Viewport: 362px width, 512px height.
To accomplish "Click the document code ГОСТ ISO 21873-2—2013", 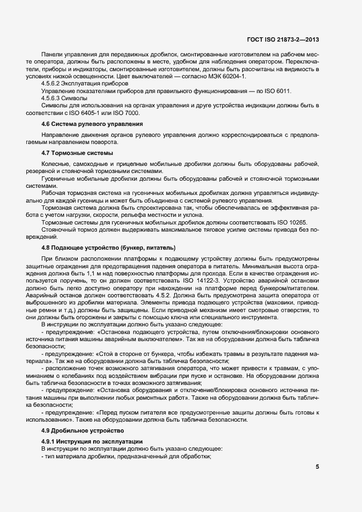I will pyautogui.click(x=283, y=39).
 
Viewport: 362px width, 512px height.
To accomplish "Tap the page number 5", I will pyautogui.click(x=318, y=467).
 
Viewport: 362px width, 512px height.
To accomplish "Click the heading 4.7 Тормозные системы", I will pyautogui.click(x=77, y=152).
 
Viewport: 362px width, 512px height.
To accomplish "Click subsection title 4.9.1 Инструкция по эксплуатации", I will pyautogui.click(x=91, y=441).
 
